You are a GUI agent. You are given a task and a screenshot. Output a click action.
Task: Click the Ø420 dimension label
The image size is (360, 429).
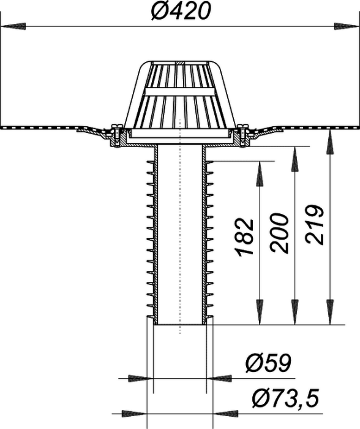coord(181,12)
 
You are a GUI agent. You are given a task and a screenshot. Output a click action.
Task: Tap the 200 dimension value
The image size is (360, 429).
coord(279,232)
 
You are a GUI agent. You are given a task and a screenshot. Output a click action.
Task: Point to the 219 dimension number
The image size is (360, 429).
coord(314,224)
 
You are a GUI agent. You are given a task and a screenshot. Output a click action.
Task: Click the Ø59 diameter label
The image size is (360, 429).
coord(268,363)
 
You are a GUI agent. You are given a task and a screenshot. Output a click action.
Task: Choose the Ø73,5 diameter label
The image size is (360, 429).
coord(285,398)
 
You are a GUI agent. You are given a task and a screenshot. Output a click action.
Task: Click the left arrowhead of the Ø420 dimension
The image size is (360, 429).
coord(13,27)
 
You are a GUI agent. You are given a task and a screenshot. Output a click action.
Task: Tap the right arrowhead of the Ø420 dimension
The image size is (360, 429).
coord(347,27)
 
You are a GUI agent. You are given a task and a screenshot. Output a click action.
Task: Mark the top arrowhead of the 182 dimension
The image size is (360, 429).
coord(260,173)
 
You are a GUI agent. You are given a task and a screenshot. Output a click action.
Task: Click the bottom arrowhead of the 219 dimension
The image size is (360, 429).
coord(330,313)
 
